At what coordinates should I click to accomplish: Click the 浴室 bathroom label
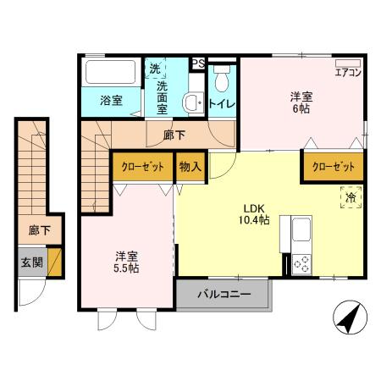pyautogui.click(x=111, y=100)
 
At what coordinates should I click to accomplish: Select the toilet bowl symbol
pyautogui.click(x=222, y=81)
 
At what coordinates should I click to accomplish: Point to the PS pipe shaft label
pyautogui.click(x=197, y=63)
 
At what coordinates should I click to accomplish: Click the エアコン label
pyautogui.click(x=348, y=73)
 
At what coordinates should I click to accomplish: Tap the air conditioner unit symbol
pyautogui.click(x=348, y=63)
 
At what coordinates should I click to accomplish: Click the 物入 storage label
pyautogui.click(x=190, y=166)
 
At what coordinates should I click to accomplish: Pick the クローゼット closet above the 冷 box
pyautogui.click(x=333, y=166)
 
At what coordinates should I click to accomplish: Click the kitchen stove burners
pyautogui.click(x=301, y=263)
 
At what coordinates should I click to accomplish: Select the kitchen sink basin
pyautogui.click(x=301, y=229)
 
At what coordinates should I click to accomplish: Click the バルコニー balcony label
pyautogui.click(x=224, y=295)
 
